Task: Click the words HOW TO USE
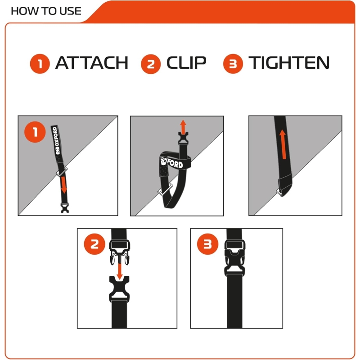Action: pyautogui.click(x=46, y=11)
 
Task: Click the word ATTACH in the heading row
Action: pyautogui.click(x=92, y=63)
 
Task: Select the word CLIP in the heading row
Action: pyautogui.click(x=186, y=63)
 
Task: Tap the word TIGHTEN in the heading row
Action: pyautogui.click(x=289, y=63)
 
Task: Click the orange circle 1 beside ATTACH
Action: pyautogui.click(x=40, y=64)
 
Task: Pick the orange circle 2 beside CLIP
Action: pyautogui.click(x=151, y=64)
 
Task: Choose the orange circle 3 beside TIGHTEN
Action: pyautogui.click(x=233, y=64)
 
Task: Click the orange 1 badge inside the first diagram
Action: pyautogui.click(x=35, y=132)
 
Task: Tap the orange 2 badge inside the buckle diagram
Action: pyautogui.click(x=94, y=244)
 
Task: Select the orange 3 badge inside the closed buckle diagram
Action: pyautogui.click(x=208, y=244)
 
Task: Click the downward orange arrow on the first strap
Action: pyautogui.click(x=64, y=185)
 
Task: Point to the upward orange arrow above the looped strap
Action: pyautogui.click(x=183, y=126)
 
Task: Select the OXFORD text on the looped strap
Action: pyautogui.click(x=172, y=162)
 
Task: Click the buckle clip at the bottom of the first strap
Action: pyautogui.click(x=65, y=208)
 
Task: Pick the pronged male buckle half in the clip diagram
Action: pyautogui.click(x=120, y=252)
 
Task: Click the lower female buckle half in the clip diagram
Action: pyautogui.click(x=119, y=289)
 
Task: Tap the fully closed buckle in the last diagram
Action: pyautogui.click(x=235, y=258)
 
